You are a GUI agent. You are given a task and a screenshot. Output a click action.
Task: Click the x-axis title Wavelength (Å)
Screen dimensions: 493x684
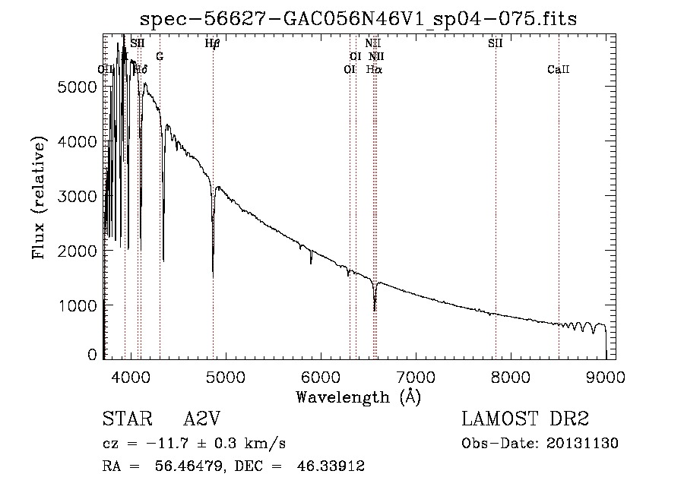click(x=358, y=396)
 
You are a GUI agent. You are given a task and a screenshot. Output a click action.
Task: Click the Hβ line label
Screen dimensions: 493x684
click(x=213, y=43)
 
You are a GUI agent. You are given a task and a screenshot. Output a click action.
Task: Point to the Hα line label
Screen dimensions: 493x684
click(x=374, y=69)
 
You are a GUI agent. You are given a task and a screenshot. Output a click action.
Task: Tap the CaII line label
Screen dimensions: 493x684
click(x=558, y=70)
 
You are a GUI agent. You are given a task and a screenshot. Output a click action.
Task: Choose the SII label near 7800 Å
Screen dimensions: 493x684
click(x=496, y=43)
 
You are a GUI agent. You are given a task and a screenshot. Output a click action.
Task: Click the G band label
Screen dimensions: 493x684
click(x=160, y=56)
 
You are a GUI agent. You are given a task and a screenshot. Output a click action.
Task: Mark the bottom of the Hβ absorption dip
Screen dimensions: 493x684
click(x=213, y=275)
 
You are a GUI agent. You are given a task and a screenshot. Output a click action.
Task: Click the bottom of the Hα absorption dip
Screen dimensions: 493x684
click(x=375, y=310)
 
